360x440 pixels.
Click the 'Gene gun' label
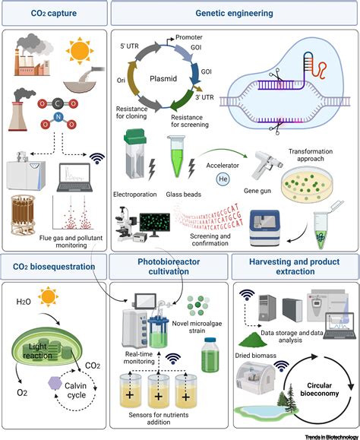coord(235,195)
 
